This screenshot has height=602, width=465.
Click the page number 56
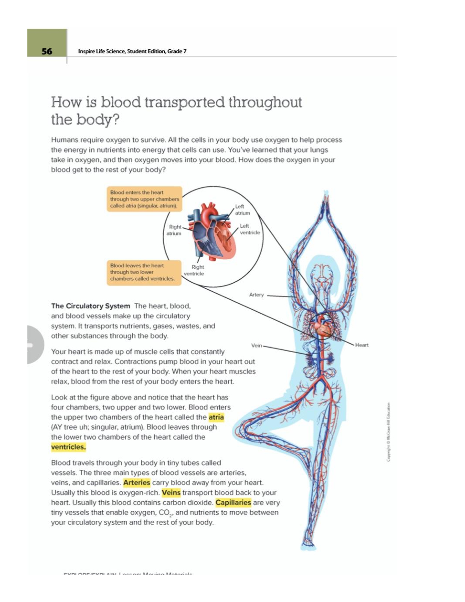47,51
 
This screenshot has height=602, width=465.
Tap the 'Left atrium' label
242,210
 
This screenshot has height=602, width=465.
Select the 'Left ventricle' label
249,229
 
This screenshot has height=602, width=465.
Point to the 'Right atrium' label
174,230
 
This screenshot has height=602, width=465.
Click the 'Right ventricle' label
194,270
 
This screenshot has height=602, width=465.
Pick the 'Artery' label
256,295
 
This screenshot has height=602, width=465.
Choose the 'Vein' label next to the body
257,345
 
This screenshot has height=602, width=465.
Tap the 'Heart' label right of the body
362,345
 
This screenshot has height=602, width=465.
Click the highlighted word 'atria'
216,417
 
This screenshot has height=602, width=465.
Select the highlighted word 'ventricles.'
68,447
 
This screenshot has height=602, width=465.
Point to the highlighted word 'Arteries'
137,483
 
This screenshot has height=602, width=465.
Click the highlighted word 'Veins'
171,493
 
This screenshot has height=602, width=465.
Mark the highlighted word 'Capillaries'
233,503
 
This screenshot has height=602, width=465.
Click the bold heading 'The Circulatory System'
90,306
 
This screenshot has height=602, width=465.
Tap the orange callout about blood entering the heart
144,199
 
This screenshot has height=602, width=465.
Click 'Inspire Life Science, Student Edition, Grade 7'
132,51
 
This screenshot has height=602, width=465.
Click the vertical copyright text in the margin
388,431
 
